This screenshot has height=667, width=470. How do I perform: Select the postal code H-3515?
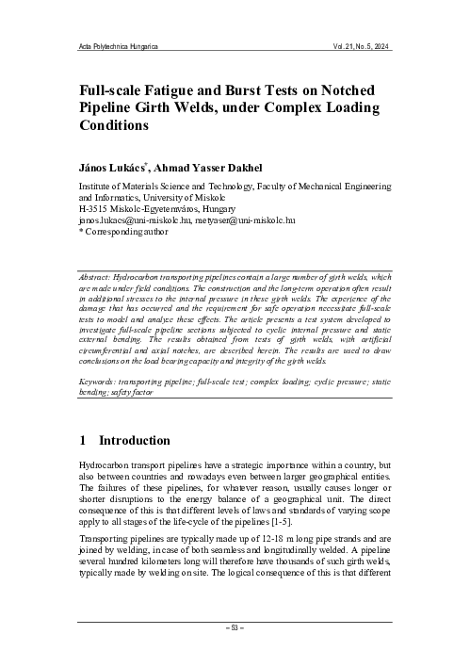point(96,208)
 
